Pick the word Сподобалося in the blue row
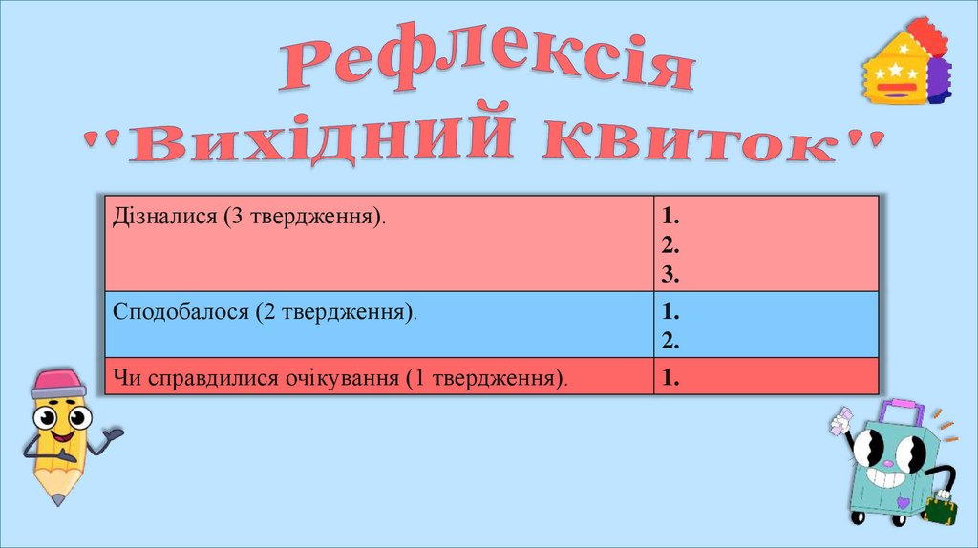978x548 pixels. pos(180,311)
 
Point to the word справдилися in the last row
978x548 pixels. pos(207,377)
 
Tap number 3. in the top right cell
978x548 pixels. pos(669,276)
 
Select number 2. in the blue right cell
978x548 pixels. pos(669,340)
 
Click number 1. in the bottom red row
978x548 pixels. pos(669,378)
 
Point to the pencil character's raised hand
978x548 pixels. pos(113,435)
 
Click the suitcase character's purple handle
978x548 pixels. pos(902,412)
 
